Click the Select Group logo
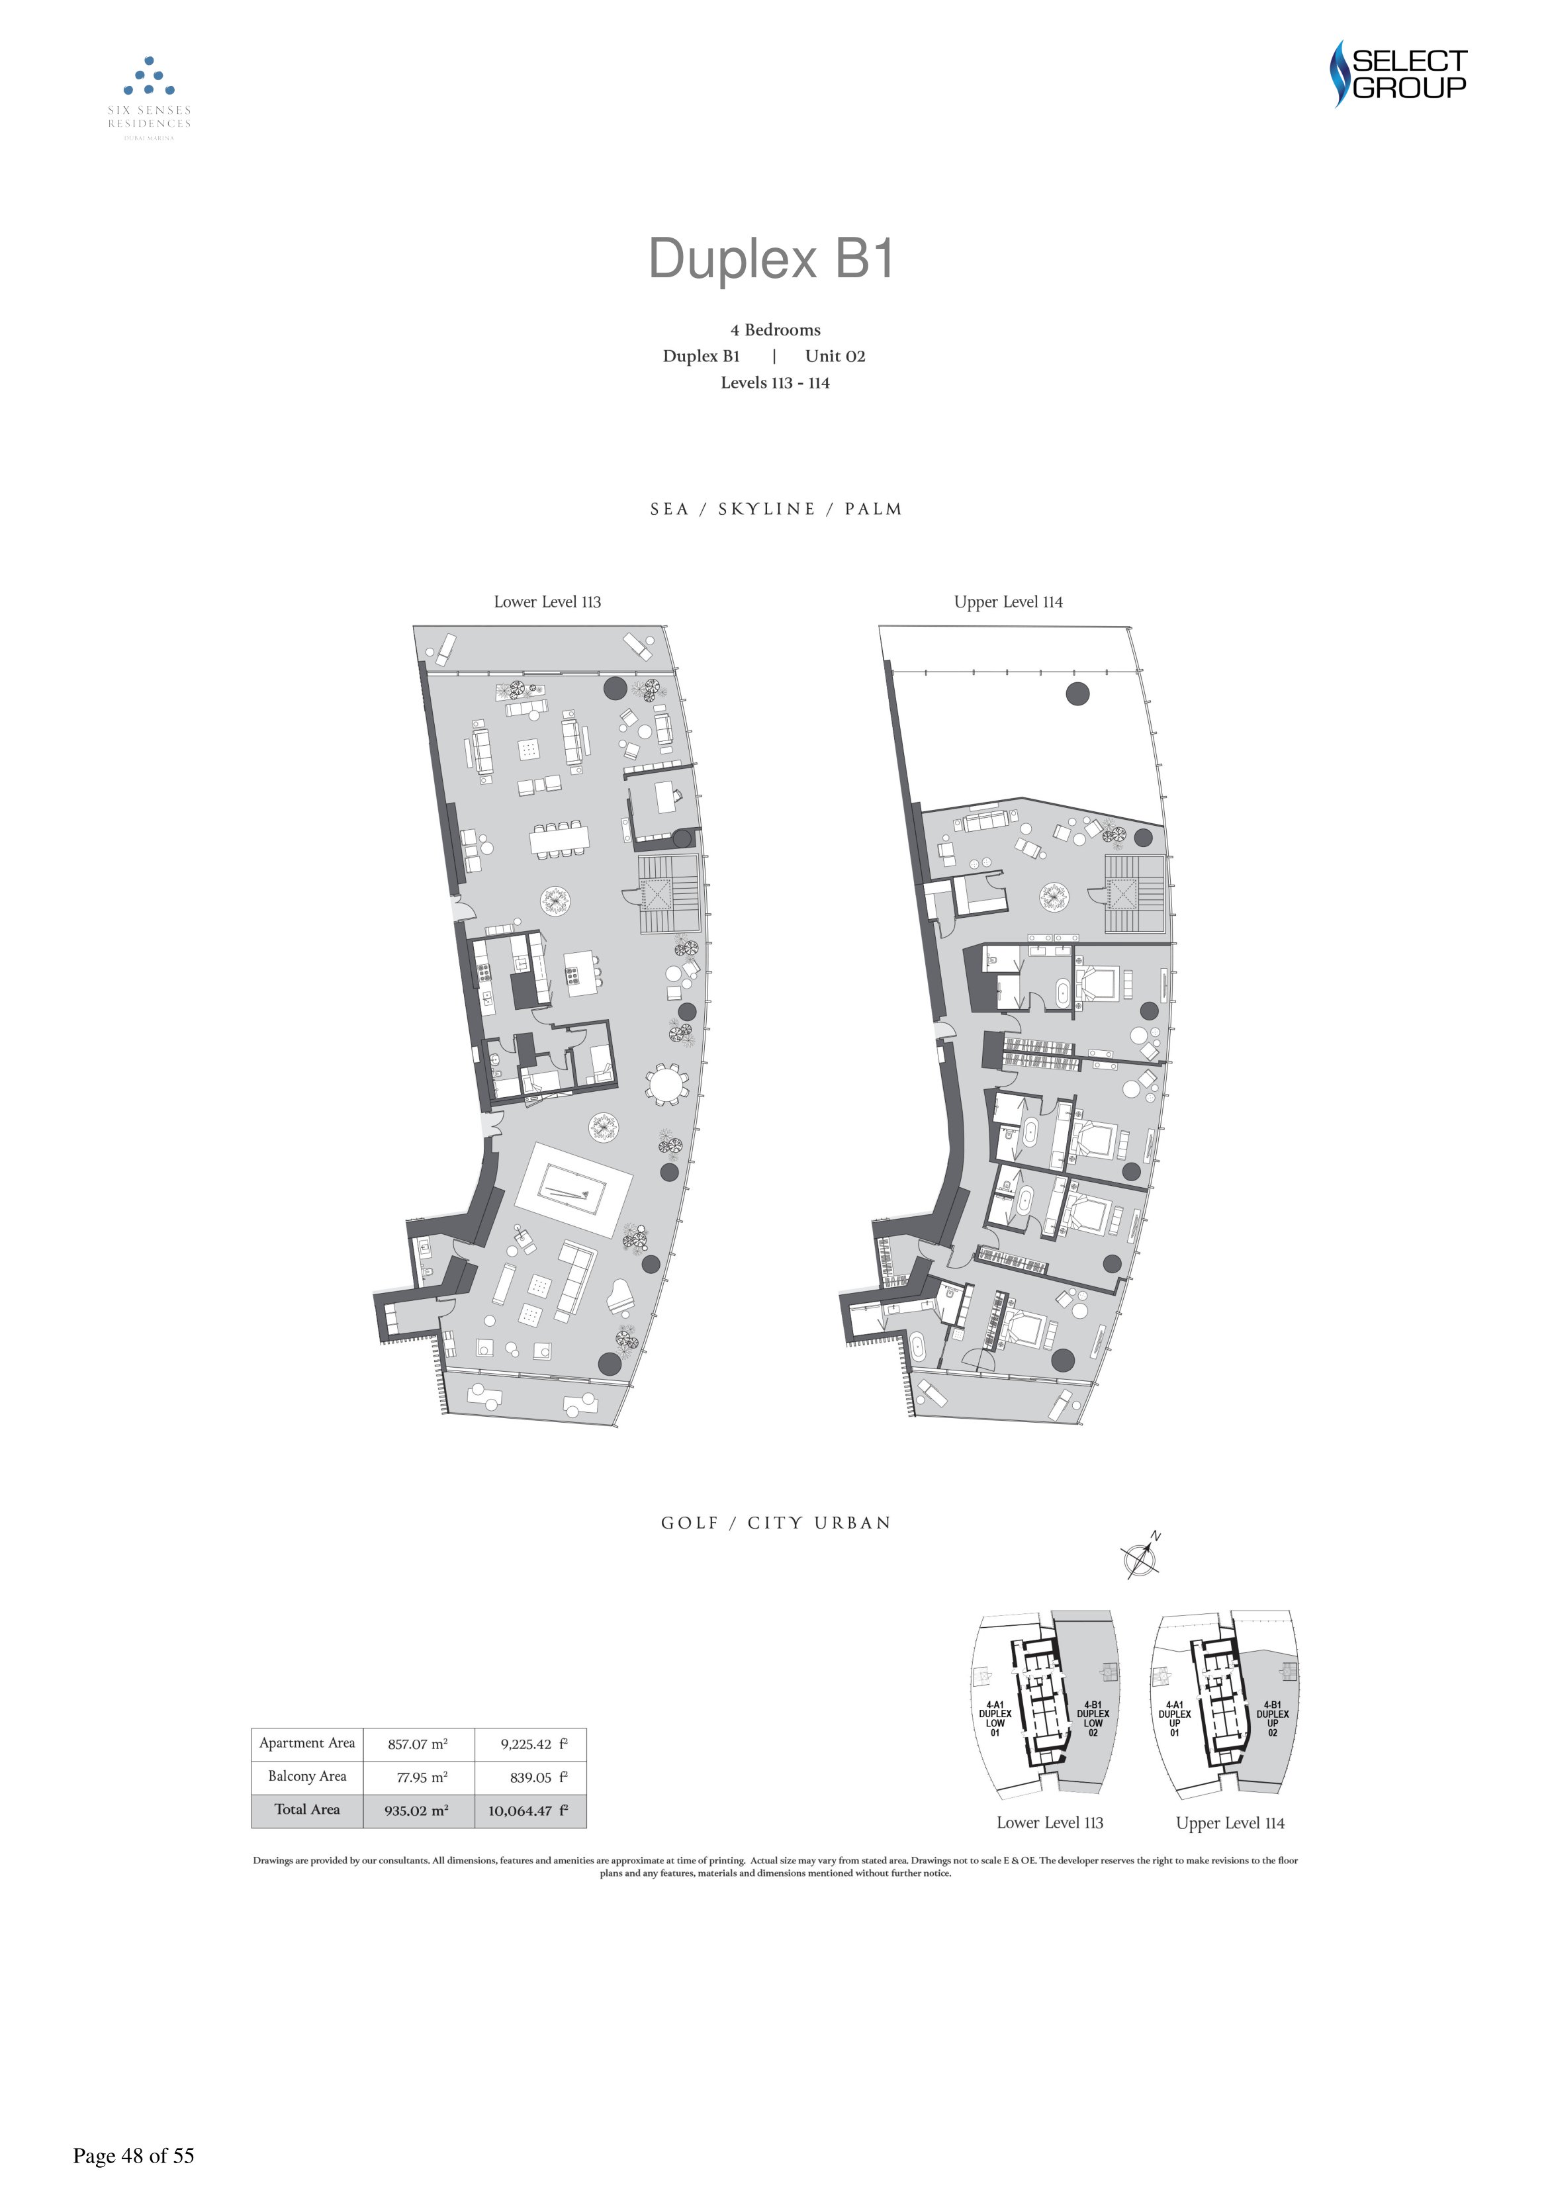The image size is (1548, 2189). pos(1398,73)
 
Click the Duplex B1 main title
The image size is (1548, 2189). pos(772,257)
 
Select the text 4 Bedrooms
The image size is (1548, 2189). pos(776,330)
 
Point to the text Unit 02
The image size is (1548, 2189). pos(835,355)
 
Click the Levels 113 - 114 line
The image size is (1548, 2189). pos(776,382)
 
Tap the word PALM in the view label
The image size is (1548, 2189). pos(873,509)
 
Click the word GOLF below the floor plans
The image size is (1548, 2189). pos(690,1523)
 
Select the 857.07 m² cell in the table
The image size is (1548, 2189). pos(418,1744)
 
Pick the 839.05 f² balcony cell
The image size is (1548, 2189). pos(539,1777)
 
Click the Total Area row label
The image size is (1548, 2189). pos(307,1810)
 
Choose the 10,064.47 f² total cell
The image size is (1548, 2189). pos(528,1810)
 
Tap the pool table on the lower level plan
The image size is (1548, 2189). pos(572,1190)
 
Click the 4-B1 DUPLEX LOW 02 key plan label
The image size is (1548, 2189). pos(1093,1719)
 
